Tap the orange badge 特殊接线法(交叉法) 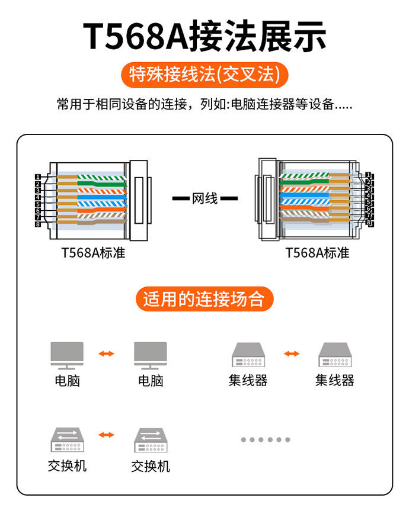[204, 75]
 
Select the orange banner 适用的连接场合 [204, 299]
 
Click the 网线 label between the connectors [204, 198]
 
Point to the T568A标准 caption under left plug [93, 253]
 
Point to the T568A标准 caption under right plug [318, 253]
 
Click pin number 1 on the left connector [38, 177]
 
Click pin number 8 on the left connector [38, 224]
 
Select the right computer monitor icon [150, 355]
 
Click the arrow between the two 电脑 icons [107, 354]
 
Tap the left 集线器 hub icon [248, 355]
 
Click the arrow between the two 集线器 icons [292, 354]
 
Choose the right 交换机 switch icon [150, 440]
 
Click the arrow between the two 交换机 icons [107, 435]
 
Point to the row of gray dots [266, 439]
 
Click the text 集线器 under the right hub [334, 380]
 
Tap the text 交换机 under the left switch [67, 466]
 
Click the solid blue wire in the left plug [101, 197]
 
